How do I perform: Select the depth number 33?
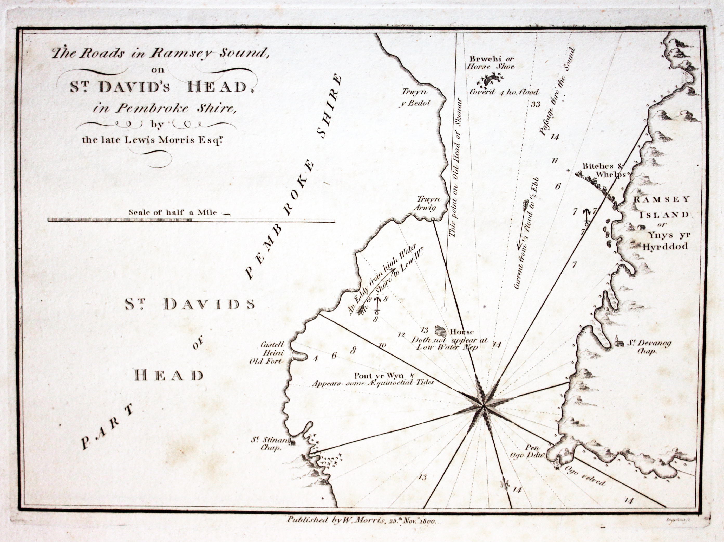pos(535,105)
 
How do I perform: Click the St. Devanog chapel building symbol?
pos(617,343)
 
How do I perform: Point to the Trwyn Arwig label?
pos(428,203)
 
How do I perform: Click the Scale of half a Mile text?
pos(173,212)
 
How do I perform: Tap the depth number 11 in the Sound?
pos(555,161)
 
